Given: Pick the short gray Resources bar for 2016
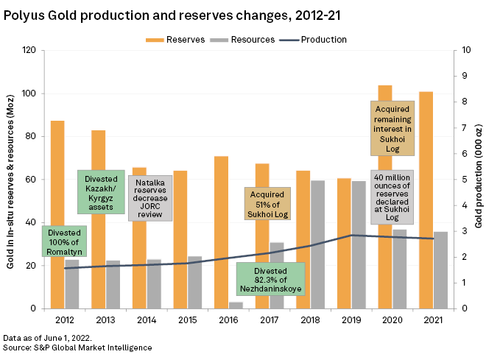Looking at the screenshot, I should [x=236, y=305].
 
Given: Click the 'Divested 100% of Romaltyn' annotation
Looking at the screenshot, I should [x=65, y=241].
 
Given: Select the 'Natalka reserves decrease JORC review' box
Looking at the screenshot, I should [x=150, y=198].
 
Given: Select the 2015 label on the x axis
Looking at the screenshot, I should [x=187, y=320].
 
